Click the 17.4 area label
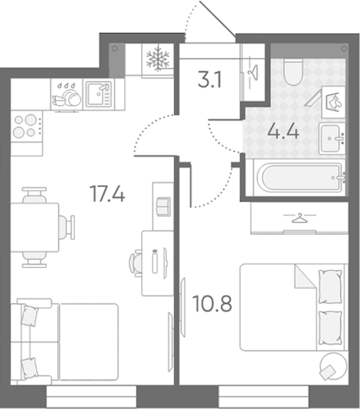[107, 194]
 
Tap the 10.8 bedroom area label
[212, 303]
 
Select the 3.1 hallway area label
[210, 80]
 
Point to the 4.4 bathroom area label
[283, 131]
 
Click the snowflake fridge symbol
[158, 59]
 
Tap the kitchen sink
[99, 94]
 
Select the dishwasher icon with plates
[67, 95]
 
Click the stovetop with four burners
[26, 127]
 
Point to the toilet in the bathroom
[293, 72]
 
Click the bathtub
[299, 178]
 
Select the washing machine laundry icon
[334, 102]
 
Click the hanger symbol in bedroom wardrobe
[299, 218]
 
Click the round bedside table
[334, 366]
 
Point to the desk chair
[136, 263]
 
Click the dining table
[34, 227]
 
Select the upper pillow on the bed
[330, 287]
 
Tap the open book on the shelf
[163, 206]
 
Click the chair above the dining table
[34, 195]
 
